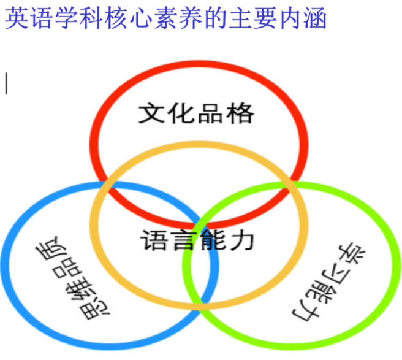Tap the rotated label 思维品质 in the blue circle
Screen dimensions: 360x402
pos(70,279)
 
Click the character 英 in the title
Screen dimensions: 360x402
pos(16,18)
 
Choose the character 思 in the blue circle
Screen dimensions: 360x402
pos(89,310)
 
